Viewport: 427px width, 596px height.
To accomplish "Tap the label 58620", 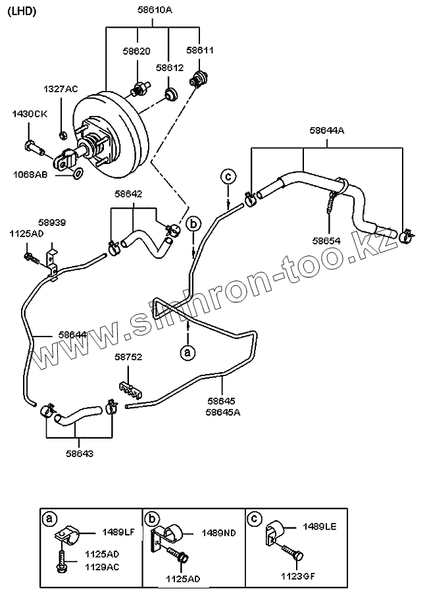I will coord(137,50).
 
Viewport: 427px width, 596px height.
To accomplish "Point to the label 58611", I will coord(199,50).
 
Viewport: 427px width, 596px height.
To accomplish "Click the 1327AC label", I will coord(61,89).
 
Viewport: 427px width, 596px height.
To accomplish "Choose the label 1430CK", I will coord(30,114).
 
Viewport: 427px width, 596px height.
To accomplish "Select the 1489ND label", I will coord(218,532).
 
